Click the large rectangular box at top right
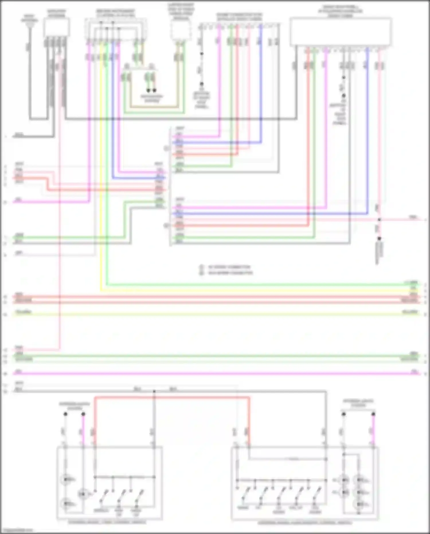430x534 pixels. [x=341, y=32]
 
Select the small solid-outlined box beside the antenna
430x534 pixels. [x=56, y=27]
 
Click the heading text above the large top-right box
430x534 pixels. [x=340, y=11]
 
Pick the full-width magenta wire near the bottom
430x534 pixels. [x=215, y=374]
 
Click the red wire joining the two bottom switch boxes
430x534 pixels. [x=172, y=397]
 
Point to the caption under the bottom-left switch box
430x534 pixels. [x=107, y=522]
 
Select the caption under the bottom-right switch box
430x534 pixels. [x=305, y=523]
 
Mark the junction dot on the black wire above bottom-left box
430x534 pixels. [x=154, y=391]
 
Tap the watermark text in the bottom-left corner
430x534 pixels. [x=17, y=530]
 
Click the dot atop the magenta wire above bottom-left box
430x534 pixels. [x=83, y=414]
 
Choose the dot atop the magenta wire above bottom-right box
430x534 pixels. [x=373, y=414]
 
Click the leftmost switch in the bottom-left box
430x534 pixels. [x=103, y=495]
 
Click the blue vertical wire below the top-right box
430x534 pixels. [x=368, y=129]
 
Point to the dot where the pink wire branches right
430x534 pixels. [x=379, y=220]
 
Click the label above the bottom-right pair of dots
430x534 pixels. [x=358, y=403]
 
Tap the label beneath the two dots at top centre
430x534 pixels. [x=152, y=98]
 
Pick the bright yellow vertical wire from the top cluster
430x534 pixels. [x=101, y=172]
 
